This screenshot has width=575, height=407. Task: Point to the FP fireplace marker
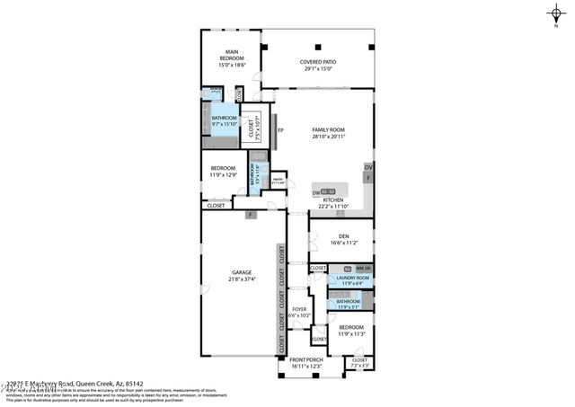[280, 131]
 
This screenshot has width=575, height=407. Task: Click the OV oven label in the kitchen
[367, 167]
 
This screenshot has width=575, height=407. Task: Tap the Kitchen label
[327, 199]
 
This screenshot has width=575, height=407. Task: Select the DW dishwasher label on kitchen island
[316, 192]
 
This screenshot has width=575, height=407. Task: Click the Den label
[343, 238]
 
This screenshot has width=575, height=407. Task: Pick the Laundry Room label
[347, 279]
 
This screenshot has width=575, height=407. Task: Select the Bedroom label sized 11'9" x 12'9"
[223, 171]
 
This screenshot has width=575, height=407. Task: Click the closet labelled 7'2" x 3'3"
[359, 362]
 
